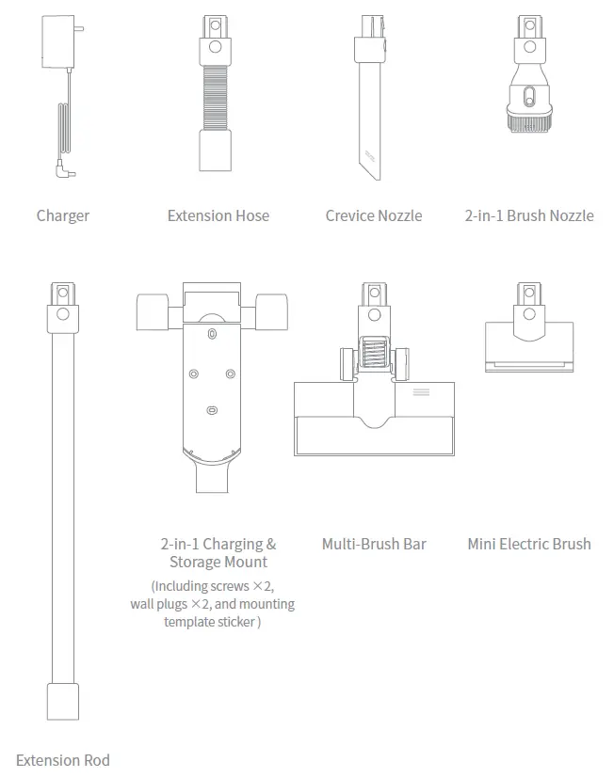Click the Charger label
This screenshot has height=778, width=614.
point(63,215)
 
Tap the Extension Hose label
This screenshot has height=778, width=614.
point(218,215)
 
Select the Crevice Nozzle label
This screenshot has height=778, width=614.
point(374,215)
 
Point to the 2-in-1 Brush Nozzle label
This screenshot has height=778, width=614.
point(529,215)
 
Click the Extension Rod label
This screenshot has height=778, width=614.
point(63,760)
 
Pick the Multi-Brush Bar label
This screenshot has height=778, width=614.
point(374,544)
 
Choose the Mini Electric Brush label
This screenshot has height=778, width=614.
point(529,544)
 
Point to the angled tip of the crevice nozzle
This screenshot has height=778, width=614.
point(370,165)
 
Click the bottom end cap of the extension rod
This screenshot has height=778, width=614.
point(63,701)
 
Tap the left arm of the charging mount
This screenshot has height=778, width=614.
point(152,311)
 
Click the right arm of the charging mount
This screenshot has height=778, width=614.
point(271,311)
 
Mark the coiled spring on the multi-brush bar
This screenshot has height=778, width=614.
point(374,357)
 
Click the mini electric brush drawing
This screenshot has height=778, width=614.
point(529,339)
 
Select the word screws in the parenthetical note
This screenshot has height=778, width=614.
point(232,586)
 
